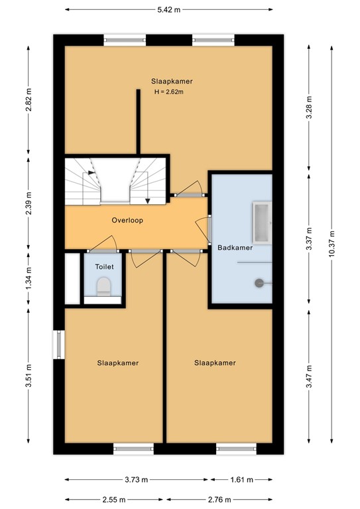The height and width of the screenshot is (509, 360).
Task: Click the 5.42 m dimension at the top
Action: point(168,9)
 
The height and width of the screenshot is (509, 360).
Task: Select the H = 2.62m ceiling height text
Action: point(168,92)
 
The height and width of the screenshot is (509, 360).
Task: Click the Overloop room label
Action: point(127,220)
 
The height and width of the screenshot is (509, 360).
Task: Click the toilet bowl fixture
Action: point(103,286)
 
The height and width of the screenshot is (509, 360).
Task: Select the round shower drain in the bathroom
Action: point(257,283)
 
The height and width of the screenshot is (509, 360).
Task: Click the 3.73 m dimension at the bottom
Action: point(135,480)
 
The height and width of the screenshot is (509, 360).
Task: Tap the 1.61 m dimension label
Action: point(241,480)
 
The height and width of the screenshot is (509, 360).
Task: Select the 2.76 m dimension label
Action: point(218,500)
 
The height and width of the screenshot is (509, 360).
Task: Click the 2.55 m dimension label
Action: point(115,500)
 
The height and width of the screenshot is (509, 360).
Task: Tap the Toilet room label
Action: point(105,266)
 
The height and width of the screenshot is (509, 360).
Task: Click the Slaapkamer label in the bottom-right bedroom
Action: point(215,363)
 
